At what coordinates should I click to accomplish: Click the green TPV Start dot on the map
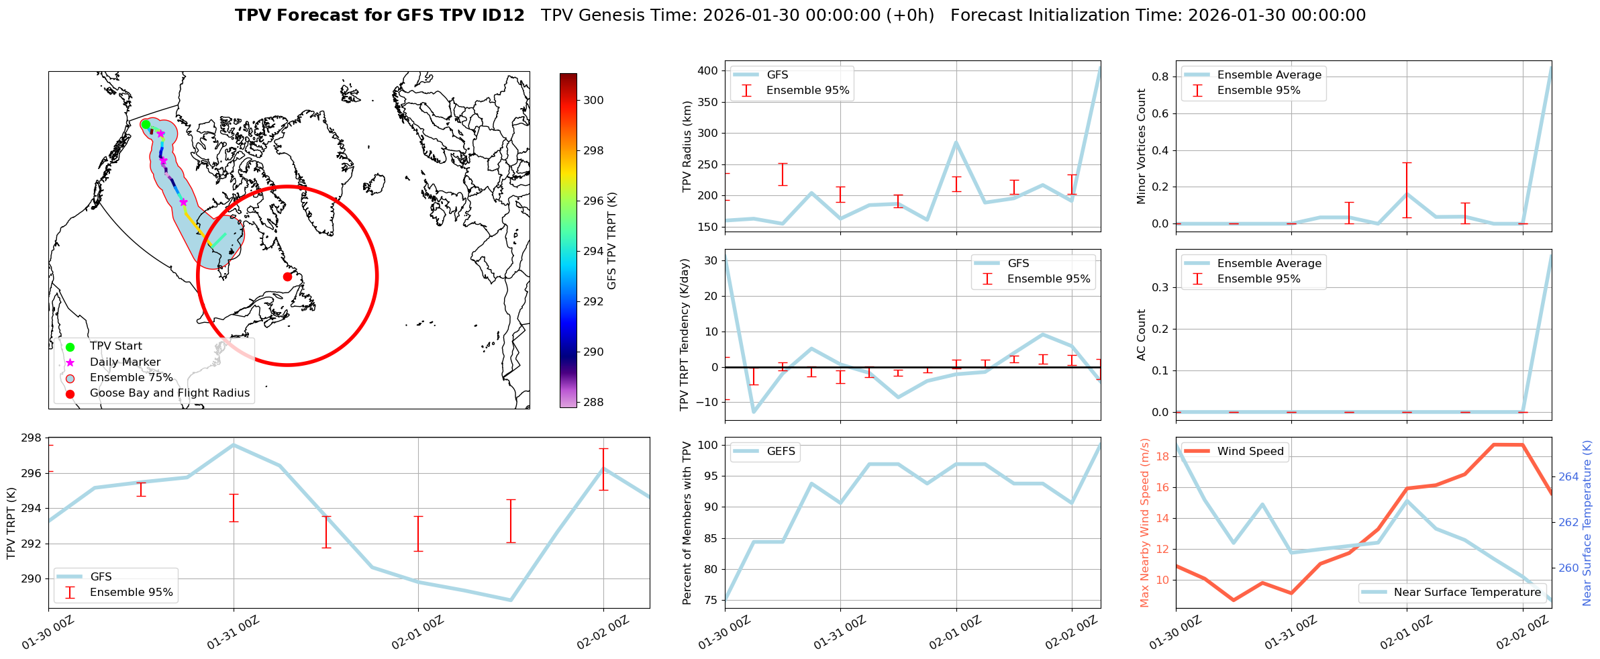[146, 124]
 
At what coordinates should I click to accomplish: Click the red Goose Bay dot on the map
[287, 276]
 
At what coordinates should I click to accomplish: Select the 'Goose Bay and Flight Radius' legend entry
[169, 393]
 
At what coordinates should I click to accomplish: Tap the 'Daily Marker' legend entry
[125, 362]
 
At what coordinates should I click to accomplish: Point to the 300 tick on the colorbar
[593, 101]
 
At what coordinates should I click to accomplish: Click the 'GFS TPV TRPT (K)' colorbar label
[611, 241]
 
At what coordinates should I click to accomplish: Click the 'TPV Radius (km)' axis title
[687, 146]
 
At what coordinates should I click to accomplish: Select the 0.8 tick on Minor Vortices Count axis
[1160, 77]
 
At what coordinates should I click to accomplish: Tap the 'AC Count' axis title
[1142, 335]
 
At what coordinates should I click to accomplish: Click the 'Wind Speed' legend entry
[1250, 452]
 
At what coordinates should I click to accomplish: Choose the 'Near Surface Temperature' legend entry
[1466, 593]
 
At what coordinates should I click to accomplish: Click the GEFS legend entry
[781, 452]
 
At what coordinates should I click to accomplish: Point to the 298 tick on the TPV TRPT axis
[32, 438]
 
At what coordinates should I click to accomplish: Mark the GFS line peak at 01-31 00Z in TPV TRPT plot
[234, 444]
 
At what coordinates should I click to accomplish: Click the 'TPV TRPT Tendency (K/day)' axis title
[684, 334]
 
